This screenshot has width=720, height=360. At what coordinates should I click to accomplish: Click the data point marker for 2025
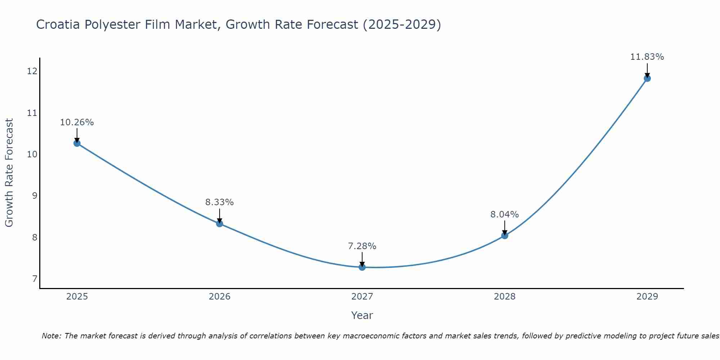click(x=77, y=143)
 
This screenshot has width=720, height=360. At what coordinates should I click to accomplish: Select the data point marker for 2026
click(x=220, y=224)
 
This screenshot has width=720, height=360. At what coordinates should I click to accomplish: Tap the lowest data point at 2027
click(x=362, y=267)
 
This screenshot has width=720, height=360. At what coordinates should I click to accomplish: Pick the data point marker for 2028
click(x=505, y=236)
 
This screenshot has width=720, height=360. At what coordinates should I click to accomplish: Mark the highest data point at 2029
click(x=647, y=78)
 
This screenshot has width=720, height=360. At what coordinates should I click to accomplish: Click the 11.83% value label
click(x=647, y=57)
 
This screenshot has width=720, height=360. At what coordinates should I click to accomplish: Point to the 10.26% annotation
click(x=77, y=122)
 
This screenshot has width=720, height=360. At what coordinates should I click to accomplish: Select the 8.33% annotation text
click(x=220, y=202)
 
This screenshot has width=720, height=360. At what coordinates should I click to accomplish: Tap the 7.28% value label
click(x=362, y=246)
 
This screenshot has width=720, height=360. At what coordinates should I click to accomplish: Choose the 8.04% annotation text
click(x=505, y=215)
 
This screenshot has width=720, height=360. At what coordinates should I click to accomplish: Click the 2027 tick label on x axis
click(x=362, y=297)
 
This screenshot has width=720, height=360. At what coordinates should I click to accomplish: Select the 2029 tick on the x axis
click(x=647, y=297)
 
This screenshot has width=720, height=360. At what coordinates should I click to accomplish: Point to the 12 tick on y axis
click(x=32, y=71)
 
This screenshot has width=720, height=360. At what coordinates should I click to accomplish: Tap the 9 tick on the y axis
click(x=35, y=196)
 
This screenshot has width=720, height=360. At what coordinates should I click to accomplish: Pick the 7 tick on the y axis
click(x=35, y=279)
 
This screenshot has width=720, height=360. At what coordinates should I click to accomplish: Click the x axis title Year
click(x=362, y=315)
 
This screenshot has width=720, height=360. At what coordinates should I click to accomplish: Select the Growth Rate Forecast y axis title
click(x=9, y=173)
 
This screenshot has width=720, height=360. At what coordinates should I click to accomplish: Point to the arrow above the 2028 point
click(x=505, y=228)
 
